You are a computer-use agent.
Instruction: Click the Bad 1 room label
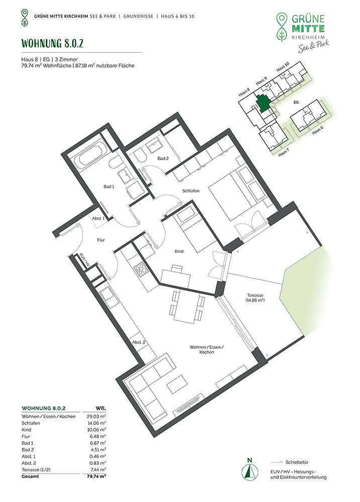(109, 187)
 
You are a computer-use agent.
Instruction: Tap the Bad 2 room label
(163, 159)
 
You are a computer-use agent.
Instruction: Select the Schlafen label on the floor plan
(191, 191)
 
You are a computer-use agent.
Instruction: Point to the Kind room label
(179, 252)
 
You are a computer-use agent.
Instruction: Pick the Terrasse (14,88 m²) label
(255, 298)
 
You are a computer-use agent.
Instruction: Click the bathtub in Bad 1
(92, 158)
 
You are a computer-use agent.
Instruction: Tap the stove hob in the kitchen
(141, 268)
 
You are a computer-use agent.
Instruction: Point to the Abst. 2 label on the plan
(139, 342)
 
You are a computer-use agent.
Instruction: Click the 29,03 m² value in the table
(96, 417)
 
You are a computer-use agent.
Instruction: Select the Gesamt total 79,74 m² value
(96, 476)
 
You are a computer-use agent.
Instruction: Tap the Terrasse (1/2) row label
(35, 469)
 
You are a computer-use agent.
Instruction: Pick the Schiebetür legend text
(297, 462)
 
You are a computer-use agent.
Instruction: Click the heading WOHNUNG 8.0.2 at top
(52, 44)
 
